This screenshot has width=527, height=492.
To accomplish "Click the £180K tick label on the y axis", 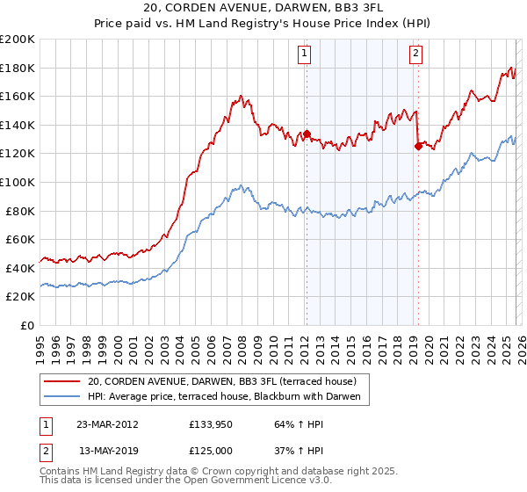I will tap(18, 68).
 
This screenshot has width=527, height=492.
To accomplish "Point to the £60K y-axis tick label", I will tap(20, 239).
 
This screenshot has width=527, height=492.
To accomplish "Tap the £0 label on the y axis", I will tap(28, 325).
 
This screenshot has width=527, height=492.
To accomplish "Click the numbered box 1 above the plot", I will tap(304, 54).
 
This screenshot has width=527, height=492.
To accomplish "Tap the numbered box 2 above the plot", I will tap(415, 54).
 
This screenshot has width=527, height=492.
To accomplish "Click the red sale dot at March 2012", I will tap(307, 134).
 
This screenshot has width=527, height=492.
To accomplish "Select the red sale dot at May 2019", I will tap(418, 147).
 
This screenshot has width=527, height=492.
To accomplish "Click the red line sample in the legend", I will tap(61, 382).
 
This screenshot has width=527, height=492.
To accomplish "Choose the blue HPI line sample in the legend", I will tap(61, 397).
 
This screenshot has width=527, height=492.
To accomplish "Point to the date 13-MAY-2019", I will tap(109, 451).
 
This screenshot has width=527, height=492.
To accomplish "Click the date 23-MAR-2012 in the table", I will tap(109, 424).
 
